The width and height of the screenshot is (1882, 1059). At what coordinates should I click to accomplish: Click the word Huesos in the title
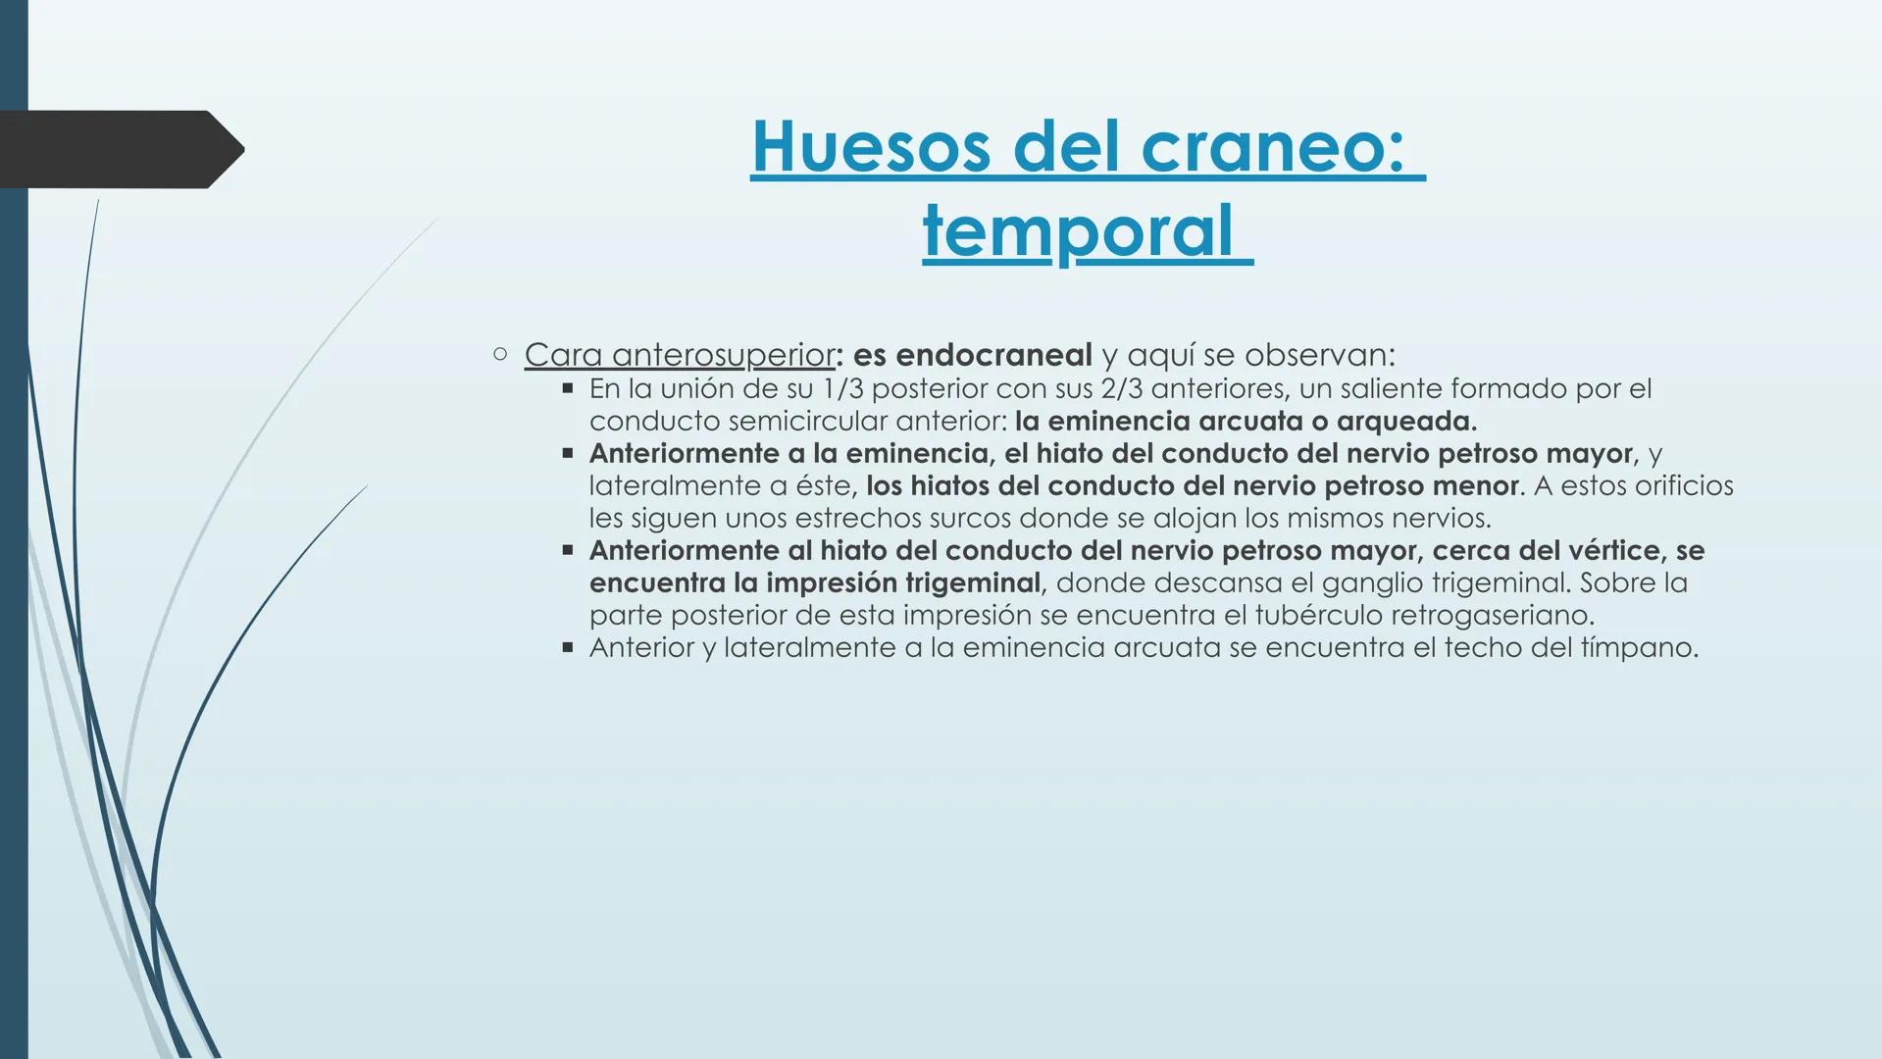tap(871, 148)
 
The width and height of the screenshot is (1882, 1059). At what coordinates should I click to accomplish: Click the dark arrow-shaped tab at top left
tap(118, 149)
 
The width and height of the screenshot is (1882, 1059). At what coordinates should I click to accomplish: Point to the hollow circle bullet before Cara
tap(500, 354)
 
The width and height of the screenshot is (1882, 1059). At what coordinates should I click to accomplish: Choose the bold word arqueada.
tap(1406, 422)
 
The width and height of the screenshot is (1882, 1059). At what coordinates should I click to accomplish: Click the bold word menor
tap(1473, 485)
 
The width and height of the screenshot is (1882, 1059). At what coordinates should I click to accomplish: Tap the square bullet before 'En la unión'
tap(567, 388)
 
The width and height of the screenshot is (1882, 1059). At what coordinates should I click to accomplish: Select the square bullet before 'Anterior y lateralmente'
tap(567, 647)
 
